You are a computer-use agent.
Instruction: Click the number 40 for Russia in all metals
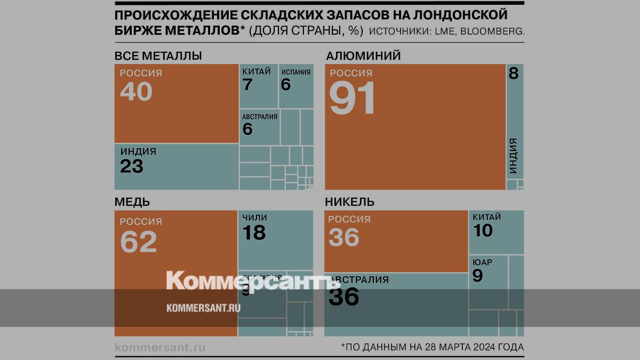coord(136,91)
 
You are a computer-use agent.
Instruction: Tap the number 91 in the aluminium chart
coord(352,98)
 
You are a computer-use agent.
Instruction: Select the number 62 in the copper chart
coord(138,242)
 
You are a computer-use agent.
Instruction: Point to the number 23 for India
coord(132,166)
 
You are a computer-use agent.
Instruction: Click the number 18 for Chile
coord(254,233)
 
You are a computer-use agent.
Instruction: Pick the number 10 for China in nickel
coord(483,230)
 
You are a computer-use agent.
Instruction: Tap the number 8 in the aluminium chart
coord(514,74)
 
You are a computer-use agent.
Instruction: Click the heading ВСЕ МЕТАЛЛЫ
coord(158,56)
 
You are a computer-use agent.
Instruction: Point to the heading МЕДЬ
coord(132,202)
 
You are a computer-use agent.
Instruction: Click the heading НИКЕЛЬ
coord(349,202)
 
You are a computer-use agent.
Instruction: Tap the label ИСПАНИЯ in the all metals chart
coord(295,72)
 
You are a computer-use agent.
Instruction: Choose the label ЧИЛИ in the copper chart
coord(254,218)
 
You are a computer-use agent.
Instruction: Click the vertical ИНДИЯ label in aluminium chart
coord(513,156)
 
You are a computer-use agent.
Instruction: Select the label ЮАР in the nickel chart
coord(482,262)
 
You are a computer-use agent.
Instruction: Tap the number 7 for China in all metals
coord(247,84)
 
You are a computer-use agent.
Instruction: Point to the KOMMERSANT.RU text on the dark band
coord(203,308)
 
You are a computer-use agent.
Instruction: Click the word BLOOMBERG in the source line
coord(491,31)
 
